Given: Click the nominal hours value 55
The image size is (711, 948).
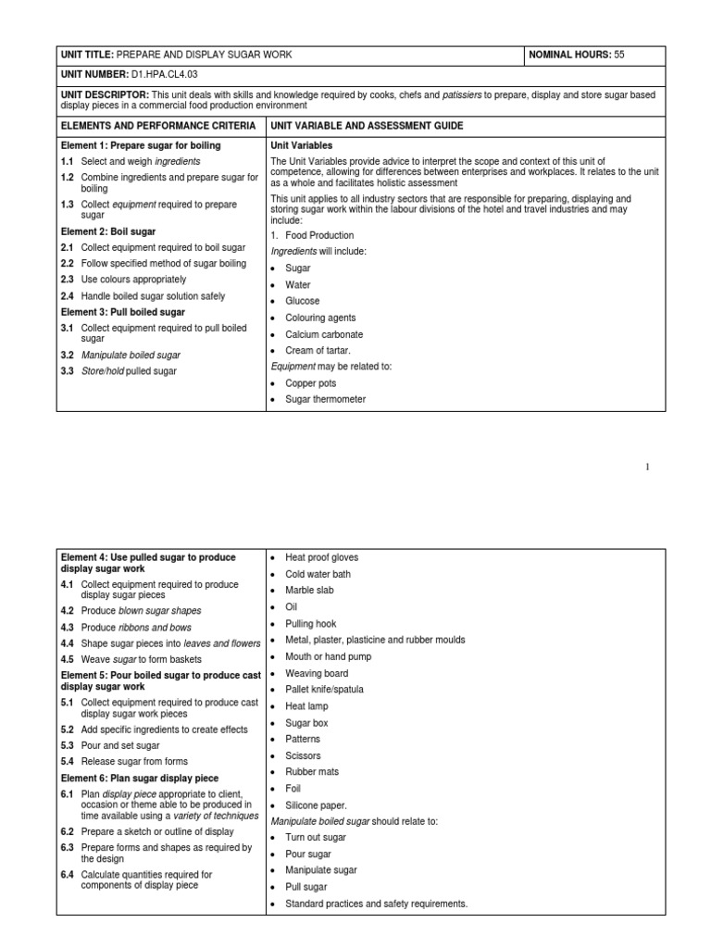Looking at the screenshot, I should [619, 56].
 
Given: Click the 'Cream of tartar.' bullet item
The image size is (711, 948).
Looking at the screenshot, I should [318, 351].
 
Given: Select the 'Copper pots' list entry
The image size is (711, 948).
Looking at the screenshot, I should [310, 383].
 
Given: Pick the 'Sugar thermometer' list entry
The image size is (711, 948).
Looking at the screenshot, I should [325, 400].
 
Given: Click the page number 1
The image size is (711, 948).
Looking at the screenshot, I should [648, 468].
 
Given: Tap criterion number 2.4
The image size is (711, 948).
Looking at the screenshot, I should [68, 295].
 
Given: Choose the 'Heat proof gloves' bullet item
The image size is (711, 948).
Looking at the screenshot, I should [321, 558].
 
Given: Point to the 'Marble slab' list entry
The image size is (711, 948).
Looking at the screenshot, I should [309, 591].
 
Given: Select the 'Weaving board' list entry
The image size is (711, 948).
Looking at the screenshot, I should [317, 673].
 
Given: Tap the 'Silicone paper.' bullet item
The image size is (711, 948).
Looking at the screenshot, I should [316, 805].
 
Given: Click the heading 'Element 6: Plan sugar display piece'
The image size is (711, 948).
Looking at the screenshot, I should [140, 779].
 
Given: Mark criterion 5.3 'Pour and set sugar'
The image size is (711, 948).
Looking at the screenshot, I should [119, 745].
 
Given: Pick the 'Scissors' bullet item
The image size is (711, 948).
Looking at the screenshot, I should [304, 755].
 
